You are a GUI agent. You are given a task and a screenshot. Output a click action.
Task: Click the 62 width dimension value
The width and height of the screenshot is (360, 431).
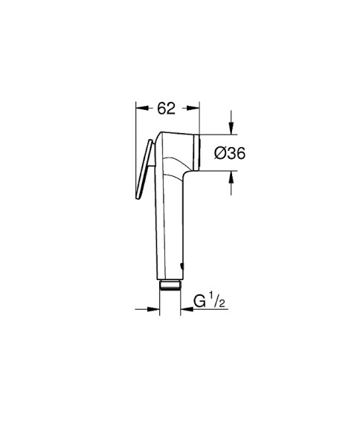pyautogui.click(x=166, y=108)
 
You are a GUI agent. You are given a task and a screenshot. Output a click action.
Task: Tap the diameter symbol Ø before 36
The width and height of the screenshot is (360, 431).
pyautogui.click(x=220, y=154)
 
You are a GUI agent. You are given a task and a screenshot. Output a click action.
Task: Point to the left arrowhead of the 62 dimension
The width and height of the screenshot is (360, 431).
pyautogui.click(x=139, y=108)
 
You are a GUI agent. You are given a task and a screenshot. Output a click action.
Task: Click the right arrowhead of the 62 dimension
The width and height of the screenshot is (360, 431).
pyautogui.click(x=198, y=108)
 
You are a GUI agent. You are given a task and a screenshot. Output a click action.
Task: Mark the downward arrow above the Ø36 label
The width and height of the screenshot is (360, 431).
pyautogui.click(x=231, y=128)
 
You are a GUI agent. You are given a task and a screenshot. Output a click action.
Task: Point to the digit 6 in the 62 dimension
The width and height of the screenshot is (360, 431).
pyautogui.click(x=161, y=108)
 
